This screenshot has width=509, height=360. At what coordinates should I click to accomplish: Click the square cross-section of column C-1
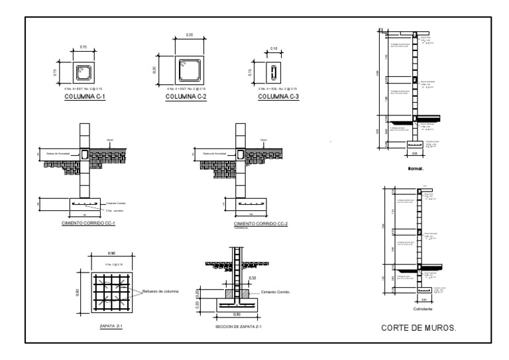coord(84,71)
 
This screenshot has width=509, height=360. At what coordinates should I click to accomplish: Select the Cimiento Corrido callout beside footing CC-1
coord(117,203)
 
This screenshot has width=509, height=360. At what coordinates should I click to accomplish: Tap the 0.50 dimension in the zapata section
coord(252,278)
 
